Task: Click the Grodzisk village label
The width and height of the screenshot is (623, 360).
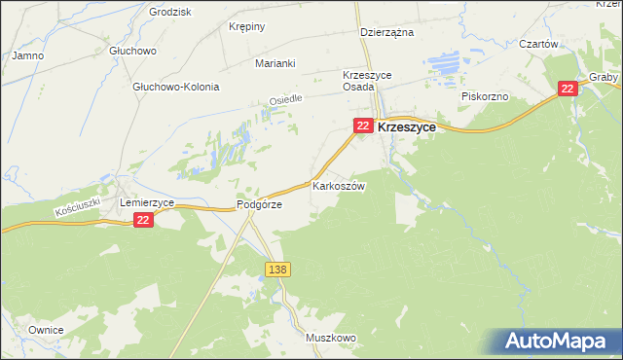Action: (x=168, y=12)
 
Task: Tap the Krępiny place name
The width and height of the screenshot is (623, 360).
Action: (x=246, y=26)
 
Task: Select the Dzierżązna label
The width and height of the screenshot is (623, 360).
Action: (x=386, y=32)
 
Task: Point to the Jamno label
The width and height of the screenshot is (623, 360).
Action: (x=27, y=55)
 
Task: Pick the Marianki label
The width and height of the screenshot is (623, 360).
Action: (x=275, y=63)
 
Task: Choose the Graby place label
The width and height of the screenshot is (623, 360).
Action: (x=604, y=77)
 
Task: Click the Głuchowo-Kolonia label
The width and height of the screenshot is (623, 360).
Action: (x=175, y=87)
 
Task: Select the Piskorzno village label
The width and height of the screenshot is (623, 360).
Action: (x=485, y=97)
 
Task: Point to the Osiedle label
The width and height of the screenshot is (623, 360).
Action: (x=286, y=100)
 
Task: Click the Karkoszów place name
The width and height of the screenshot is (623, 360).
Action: (x=338, y=186)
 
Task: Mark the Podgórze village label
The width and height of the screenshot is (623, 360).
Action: (x=259, y=205)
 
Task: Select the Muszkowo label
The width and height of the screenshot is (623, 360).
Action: (x=330, y=338)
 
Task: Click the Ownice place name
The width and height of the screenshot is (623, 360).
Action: (x=46, y=330)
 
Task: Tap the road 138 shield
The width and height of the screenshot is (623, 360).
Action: (x=276, y=268)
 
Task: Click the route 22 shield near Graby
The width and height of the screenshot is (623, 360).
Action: (x=568, y=89)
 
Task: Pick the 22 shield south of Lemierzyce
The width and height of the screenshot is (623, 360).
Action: (x=143, y=221)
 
